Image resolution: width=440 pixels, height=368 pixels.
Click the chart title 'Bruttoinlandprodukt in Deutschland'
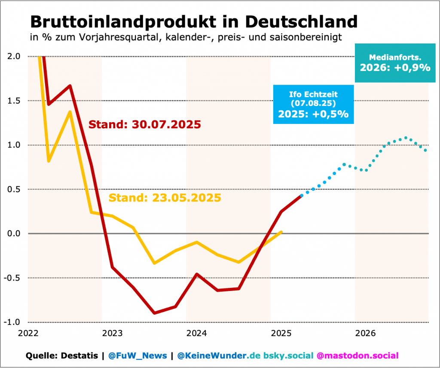[x=193, y=21]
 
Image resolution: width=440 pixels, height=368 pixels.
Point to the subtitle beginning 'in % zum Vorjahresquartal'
[x=186, y=37]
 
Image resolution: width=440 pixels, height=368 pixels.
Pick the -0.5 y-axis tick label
[x=13, y=278]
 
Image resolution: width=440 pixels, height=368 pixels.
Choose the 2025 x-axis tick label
[x=281, y=333]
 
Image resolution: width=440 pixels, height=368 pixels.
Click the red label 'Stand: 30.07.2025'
[x=144, y=125]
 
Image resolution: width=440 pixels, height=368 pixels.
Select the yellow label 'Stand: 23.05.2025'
[x=165, y=198]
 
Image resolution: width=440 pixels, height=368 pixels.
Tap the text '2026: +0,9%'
[x=395, y=68]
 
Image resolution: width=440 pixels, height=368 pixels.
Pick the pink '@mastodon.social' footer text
[x=357, y=356]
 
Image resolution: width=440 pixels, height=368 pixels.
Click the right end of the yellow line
[x=281, y=232]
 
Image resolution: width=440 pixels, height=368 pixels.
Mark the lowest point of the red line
[x=155, y=313]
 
